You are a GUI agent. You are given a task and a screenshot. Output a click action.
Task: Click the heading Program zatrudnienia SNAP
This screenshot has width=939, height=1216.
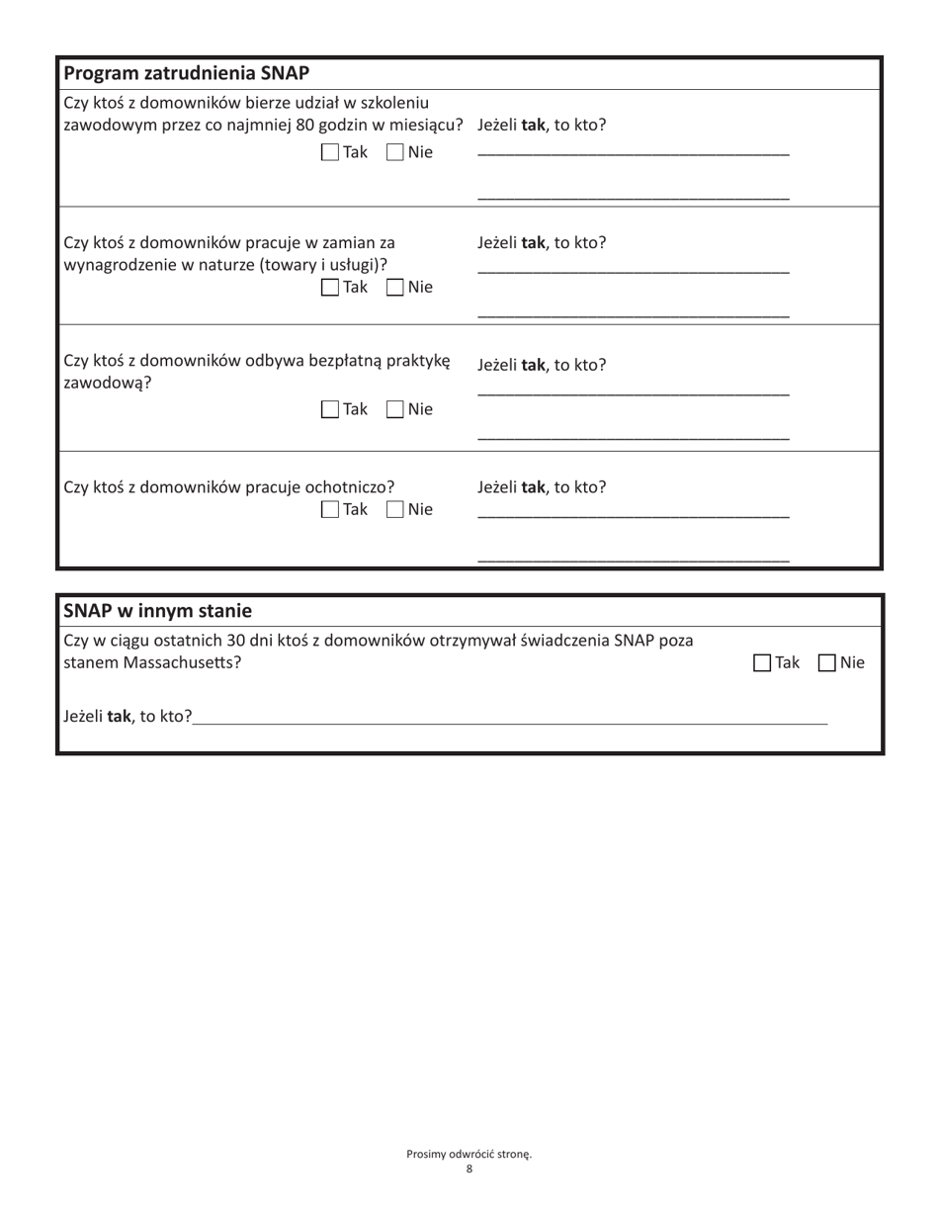tap(187, 74)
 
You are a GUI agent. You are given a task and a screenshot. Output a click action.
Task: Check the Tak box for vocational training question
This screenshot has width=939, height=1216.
tap(330, 153)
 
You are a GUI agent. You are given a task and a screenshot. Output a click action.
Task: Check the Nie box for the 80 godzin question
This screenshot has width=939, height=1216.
tap(393, 153)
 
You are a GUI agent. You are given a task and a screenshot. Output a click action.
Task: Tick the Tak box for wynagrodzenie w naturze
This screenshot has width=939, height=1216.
tap(330, 288)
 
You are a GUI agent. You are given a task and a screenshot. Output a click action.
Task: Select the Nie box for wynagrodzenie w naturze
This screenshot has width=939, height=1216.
tap(393, 288)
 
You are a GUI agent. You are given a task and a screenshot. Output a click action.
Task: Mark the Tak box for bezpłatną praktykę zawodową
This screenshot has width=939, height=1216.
tap(330, 409)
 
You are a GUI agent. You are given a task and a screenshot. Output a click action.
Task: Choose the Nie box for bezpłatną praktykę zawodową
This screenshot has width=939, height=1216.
tap(393, 409)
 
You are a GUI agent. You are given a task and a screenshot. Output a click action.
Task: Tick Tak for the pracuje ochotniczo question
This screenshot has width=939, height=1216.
tap(330, 510)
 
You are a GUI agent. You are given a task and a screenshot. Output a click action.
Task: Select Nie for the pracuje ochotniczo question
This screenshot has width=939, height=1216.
tap(393, 510)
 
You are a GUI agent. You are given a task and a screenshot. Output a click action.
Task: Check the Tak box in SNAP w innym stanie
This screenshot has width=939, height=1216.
tap(762, 663)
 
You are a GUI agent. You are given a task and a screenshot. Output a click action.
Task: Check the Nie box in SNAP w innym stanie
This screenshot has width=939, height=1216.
tap(827, 663)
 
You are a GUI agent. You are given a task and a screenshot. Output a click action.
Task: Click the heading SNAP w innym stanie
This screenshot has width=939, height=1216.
tap(158, 609)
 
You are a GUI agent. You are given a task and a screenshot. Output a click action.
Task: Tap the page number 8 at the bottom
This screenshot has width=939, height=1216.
tap(469, 1169)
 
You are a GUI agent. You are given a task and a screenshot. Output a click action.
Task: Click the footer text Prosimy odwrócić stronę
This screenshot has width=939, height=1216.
tap(469, 1154)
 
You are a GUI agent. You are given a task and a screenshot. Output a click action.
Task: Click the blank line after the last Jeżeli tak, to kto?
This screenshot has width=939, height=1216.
tap(510, 719)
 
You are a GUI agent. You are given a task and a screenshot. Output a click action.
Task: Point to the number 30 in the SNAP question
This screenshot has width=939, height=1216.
tap(240, 641)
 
